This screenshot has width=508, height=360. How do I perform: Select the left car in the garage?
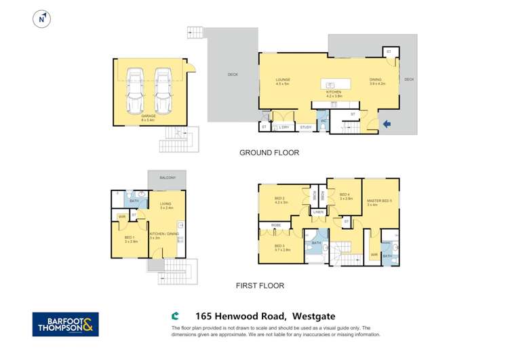[x=134, y=91]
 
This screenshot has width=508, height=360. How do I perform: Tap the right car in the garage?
[x=163, y=91]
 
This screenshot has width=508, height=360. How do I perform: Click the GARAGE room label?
[x=149, y=116]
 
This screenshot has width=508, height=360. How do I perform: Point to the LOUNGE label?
[x=283, y=80]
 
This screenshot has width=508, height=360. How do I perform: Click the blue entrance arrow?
[x=387, y=123]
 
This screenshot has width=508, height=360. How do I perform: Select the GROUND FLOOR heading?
[x=269, y=153]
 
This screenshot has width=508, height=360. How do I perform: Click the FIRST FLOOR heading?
[x=260, y=285]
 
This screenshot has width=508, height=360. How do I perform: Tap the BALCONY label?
[x=167, y=178]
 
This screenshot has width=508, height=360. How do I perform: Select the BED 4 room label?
[x=345, y=195]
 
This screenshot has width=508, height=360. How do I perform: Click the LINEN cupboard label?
[x=318, y=212]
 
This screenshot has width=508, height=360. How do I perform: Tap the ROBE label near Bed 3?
[x=277, y=224]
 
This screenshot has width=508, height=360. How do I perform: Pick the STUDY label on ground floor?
[x=305, y=127]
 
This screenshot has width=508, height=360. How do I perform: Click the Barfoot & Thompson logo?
[x=65, y=323]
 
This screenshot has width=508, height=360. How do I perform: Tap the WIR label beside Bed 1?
[x=121, y=217]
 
